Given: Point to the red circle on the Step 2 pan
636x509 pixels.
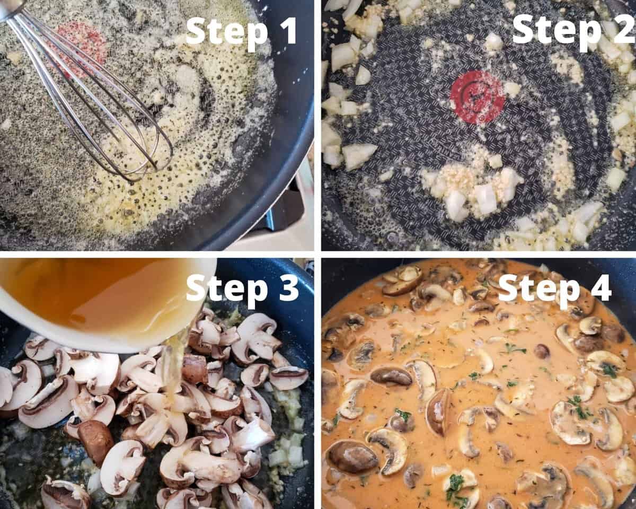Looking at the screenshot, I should tap(478, 97).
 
